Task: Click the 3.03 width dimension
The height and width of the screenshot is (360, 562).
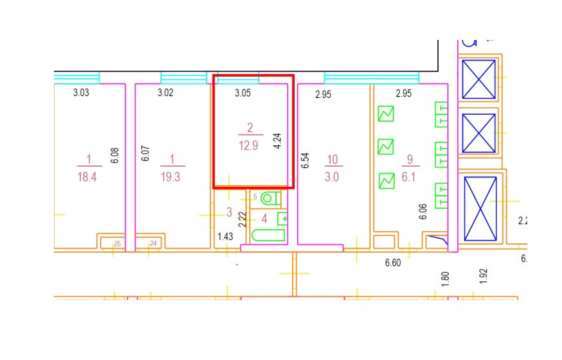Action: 81,93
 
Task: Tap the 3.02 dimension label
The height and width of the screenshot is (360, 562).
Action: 165,93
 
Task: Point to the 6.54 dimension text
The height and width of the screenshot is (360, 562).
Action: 305,161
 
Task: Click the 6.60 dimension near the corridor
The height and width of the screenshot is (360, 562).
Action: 393,263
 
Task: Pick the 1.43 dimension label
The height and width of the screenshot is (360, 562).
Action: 225,236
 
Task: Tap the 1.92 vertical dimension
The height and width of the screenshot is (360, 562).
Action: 484,276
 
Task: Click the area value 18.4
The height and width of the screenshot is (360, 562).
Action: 87,177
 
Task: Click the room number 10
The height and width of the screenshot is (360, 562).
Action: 332,159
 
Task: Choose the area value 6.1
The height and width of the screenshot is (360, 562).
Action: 409,177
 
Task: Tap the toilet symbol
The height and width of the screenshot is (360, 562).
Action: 269,198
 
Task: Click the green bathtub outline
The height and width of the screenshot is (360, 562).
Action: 268,235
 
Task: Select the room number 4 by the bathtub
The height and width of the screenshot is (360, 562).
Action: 265,218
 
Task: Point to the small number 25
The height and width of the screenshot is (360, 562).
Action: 117,244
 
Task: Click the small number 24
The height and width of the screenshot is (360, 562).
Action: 153,244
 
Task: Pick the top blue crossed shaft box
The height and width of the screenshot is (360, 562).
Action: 479,79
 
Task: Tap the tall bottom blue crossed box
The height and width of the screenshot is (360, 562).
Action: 480,209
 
